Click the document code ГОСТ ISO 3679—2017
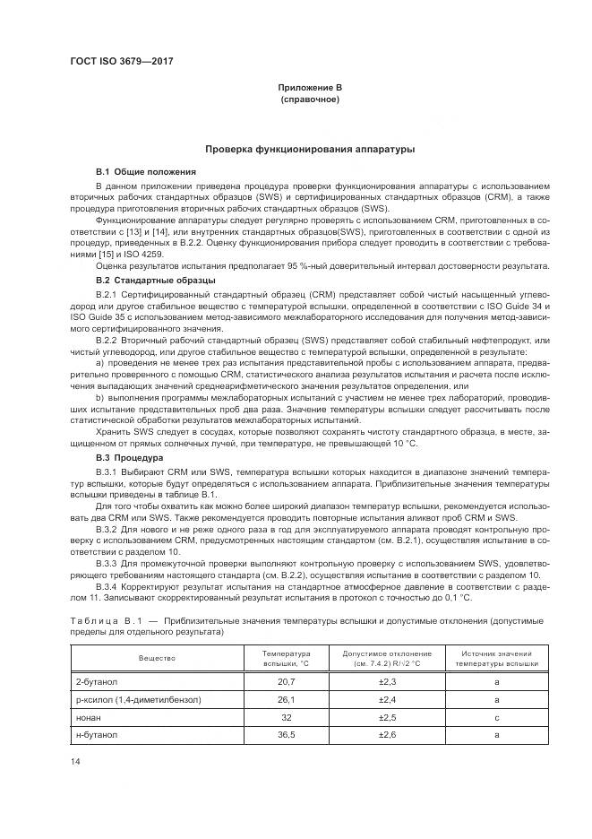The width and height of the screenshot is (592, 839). pyautogui.click(x=121, y=61)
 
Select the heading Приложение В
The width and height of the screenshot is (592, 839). pyautogui.click(x=310, y=87)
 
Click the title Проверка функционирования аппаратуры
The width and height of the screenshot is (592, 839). pyautogui.click(x=310, y=149)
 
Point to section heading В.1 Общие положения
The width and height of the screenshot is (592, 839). pyautogui.click(x=145, y=170)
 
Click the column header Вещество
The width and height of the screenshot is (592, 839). pyautogui.click(x=157, y=658)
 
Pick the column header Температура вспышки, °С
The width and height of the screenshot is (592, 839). pyautogui.click(x=285, y=658)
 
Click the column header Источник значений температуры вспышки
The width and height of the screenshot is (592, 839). pyautogui.click(x=496, y=658)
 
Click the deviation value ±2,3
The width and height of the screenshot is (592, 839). pyautogui.click(x=387, y=682)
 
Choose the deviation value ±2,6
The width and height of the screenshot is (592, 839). pyautogui.click(x=387, y=734)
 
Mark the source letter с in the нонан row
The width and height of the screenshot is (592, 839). pyautogui.click(x=496, y=717)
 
